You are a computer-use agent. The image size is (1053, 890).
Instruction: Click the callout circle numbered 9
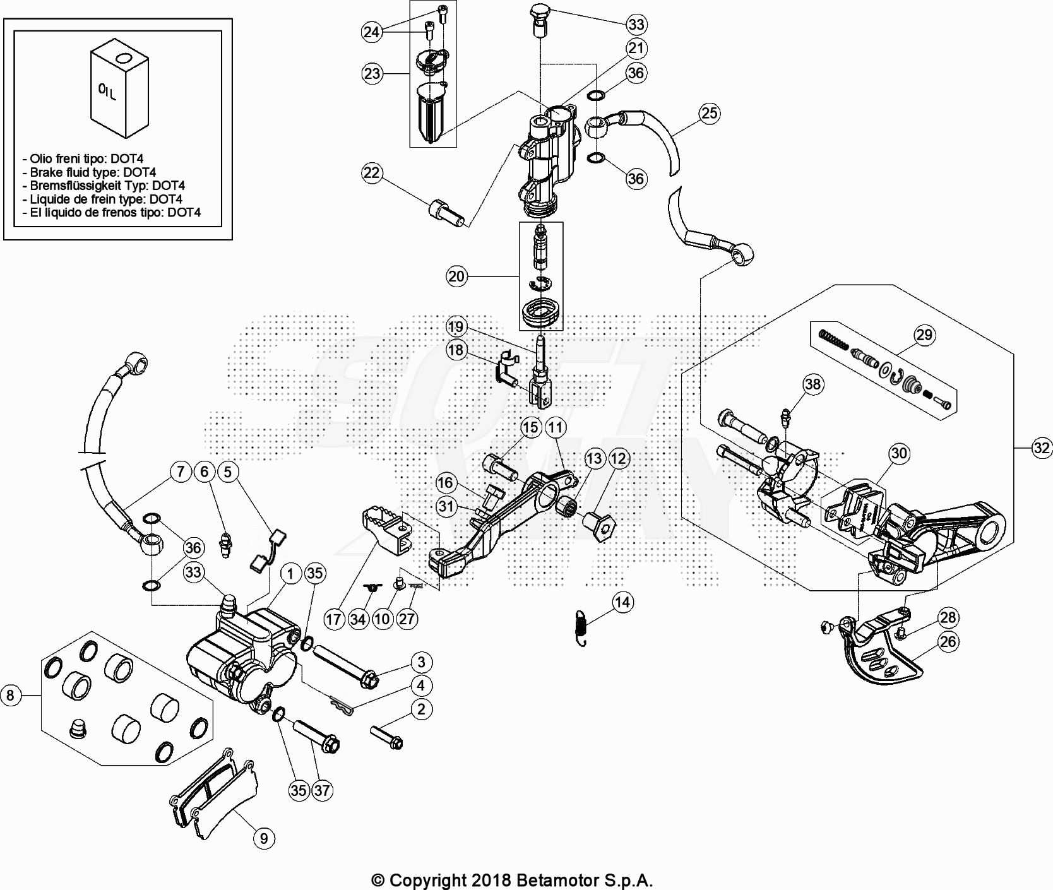coord(264,838)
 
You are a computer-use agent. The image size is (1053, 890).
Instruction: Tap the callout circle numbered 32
coord(1042,448)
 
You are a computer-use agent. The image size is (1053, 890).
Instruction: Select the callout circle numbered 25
coord(710,113)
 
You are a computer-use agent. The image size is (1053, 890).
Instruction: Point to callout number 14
coord(622,602)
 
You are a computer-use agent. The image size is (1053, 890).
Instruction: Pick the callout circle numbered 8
coord(10,696)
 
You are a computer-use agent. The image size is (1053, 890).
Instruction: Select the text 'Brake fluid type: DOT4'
coord(93,172)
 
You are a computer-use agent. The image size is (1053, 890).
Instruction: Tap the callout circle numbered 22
coord(372,172)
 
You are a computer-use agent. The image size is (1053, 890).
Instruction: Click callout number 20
coord(456,276)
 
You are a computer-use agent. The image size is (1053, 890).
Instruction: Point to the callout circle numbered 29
coord(924,335)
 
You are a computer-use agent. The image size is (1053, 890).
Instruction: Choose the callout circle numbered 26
coord(948,642)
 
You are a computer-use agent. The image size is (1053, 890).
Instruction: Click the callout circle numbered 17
coord(335,619)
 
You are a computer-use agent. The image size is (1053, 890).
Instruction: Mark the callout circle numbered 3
coord(422,662)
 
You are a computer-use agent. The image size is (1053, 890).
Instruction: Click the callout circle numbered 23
coord(372,74)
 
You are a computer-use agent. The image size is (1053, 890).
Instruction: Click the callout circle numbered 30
coord(899,453)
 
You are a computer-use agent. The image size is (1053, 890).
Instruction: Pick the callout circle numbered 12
coord(619,459)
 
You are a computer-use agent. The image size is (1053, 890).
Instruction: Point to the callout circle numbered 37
coord(323,790)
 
